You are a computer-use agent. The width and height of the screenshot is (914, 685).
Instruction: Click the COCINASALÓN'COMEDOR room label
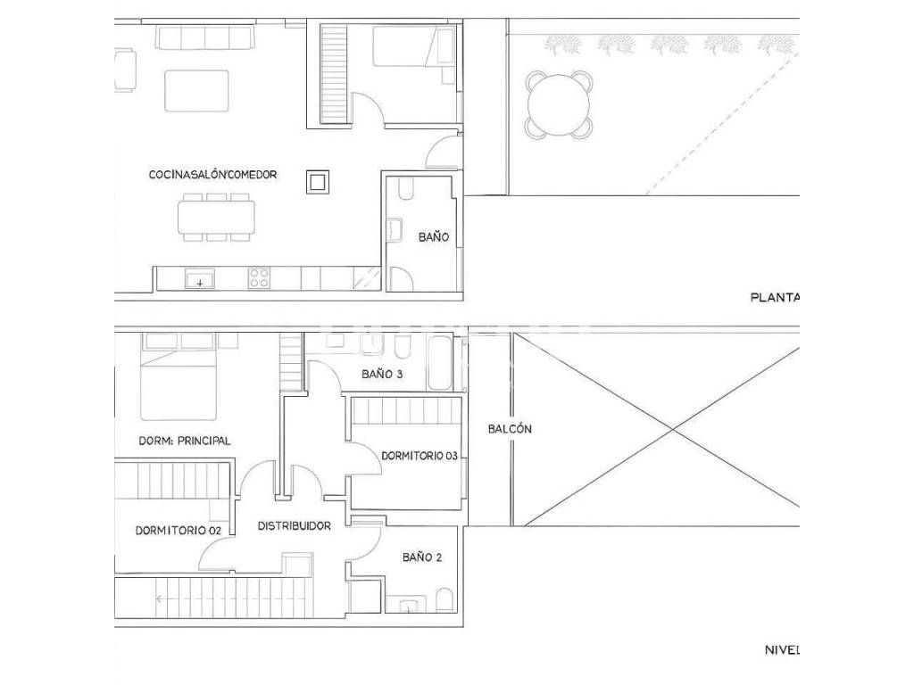click(212, 175)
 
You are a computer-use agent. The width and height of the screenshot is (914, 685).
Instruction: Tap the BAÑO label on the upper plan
click(434, 236)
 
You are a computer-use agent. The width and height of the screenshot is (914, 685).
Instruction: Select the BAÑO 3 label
click(382, 374)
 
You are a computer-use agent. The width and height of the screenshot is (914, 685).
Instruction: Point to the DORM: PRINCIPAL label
click(184, 441)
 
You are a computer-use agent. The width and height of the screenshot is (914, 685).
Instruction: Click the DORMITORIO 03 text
click(420, 456)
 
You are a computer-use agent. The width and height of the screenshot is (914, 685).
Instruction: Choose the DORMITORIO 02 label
click(179, 531)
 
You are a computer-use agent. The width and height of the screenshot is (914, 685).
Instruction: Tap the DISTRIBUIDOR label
click(295, 526)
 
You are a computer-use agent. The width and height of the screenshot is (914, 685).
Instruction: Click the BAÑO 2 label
click(422, 557)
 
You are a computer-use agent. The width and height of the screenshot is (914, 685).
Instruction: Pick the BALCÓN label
click(510, 429)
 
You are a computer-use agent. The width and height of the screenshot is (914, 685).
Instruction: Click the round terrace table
click(559, 105)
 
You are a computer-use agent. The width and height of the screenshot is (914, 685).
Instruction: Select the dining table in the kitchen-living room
click(216, 218)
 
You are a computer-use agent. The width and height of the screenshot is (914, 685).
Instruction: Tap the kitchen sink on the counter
click(200, 278)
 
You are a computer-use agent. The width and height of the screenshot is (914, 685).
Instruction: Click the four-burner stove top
click(259, 278)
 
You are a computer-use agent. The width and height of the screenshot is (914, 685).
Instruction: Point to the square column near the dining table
click(318, 182)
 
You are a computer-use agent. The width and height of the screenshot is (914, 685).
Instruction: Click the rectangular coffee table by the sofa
click(196, 91)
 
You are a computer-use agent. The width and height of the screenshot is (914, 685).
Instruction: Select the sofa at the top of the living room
click(204, 37)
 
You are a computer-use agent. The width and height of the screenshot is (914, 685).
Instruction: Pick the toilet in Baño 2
click(445, 600)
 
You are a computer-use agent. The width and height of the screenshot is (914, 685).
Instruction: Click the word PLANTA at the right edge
click(774, 298)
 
